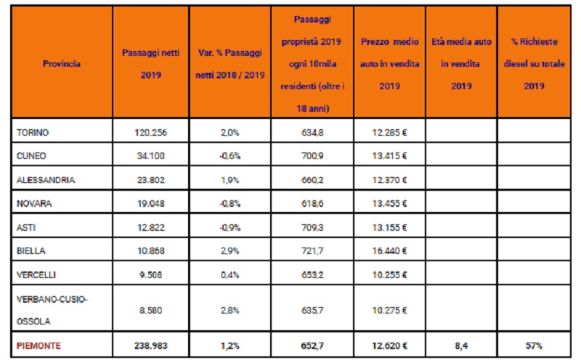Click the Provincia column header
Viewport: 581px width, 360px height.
62,64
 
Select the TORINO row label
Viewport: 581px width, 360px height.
33,133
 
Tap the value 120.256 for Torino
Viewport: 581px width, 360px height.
151,133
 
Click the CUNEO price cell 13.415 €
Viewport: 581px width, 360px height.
389,156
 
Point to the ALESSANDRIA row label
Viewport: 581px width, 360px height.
46,180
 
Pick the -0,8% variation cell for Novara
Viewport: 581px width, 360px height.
229,204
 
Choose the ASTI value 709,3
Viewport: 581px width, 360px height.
312,227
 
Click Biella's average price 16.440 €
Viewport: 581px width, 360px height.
389,251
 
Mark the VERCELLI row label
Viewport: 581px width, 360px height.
36,275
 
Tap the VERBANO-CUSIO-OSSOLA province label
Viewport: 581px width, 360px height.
52,310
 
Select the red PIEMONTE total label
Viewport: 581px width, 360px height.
38,346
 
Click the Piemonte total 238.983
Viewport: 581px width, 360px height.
151,346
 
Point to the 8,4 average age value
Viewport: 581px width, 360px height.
461,346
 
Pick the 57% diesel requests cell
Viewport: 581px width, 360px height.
534,346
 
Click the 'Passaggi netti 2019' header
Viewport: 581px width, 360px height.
151,64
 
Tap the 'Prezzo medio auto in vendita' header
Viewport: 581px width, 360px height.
389,64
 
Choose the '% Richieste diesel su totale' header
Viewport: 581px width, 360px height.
534,64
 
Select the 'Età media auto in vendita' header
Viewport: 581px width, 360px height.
461,64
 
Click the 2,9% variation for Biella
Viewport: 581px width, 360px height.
229,251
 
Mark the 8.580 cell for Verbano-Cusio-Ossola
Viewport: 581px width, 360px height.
151,311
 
